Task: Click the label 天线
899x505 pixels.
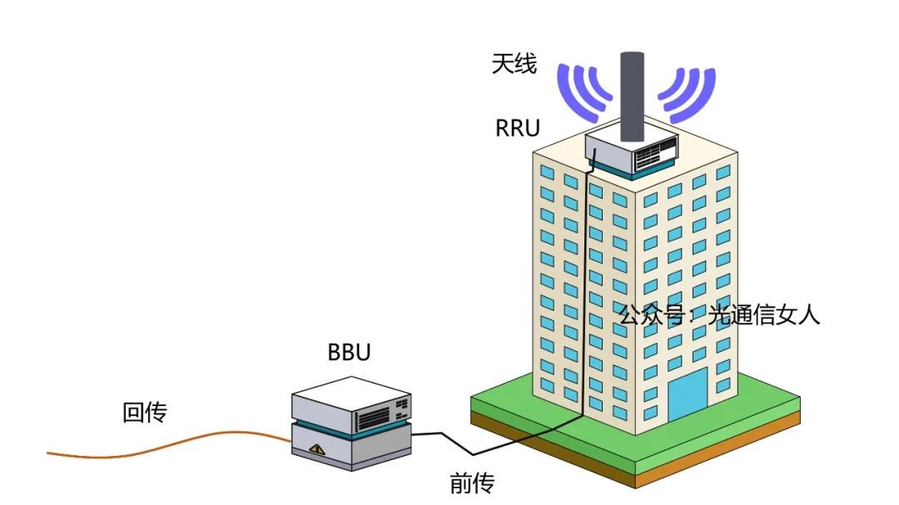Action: pyautogui.click(x=514, y=64)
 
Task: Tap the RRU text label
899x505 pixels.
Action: pyautogui.click(x=518, y=128)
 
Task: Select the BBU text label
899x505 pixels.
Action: pyautogui.click(x=349, y=352)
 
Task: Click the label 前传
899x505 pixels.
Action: pyautogui.click(x=472, y=483)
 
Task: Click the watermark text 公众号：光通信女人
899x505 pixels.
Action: pyautogui.click(x=719, y=315)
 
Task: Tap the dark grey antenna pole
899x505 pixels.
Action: pyautogui.click(x=633, y=96)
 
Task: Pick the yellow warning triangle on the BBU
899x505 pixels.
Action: pyautogui.click(x=315, y=449)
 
